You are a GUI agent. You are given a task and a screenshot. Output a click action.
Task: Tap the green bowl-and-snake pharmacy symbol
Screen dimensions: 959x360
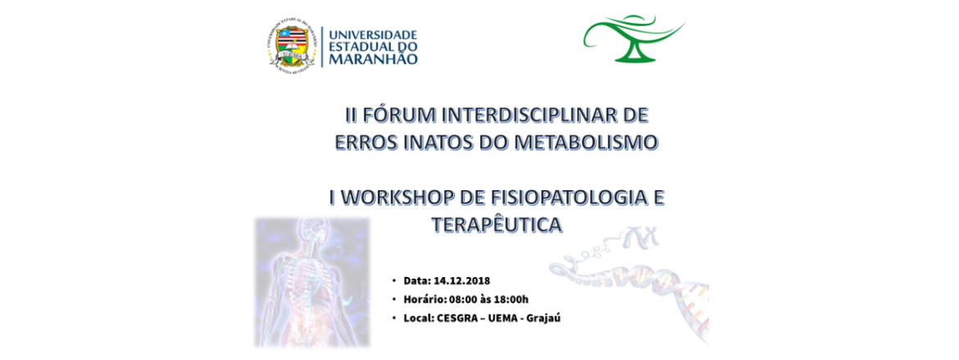coord(633,39)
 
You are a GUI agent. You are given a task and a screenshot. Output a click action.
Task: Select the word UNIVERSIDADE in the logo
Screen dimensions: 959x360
coord(372,34)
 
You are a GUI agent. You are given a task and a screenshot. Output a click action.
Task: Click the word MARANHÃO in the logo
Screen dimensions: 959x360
coord(373,59)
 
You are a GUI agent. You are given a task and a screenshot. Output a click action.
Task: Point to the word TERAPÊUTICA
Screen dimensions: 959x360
coord(496,225)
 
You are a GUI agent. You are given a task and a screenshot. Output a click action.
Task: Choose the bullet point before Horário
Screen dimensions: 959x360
coord(394,300)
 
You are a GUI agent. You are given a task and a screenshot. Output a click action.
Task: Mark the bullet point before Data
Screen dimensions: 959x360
coord(394,281)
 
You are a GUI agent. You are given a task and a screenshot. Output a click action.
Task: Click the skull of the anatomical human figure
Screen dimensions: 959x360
coord(316,232)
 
